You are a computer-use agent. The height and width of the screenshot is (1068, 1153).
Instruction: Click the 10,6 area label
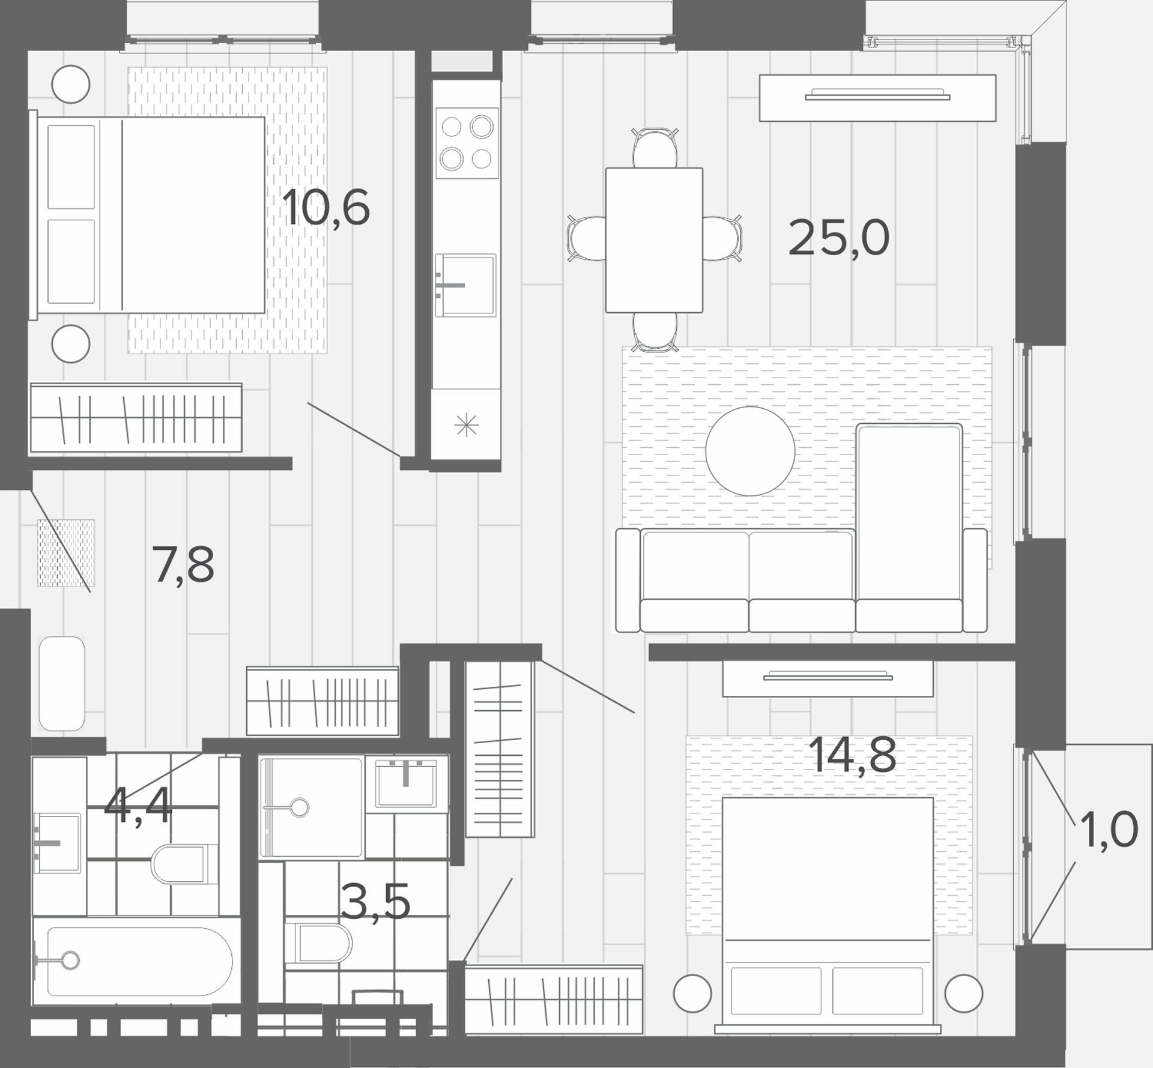[x=325, y=208]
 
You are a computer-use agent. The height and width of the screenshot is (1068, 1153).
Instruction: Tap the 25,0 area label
[x=838, y=238]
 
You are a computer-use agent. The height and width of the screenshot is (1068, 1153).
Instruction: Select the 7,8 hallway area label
[x=184, y=566]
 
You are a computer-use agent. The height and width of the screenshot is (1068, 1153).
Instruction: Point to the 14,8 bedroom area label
[x=853, y=755]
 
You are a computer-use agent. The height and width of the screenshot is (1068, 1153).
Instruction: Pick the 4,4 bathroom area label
[x=138, y=806]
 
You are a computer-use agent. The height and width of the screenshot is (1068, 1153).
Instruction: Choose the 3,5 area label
[x=375, y=901]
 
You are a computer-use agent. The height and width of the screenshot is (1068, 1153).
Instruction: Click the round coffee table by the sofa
[x=750, y=451]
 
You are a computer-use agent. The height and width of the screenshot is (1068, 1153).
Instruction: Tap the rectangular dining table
[x=654, y=240]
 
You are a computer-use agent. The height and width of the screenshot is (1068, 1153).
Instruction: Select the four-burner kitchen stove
[x=467, y=143]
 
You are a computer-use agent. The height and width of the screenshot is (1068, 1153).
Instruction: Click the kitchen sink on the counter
[x=466, y=285]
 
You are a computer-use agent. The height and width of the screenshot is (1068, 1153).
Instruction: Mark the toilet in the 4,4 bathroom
[x=184, y=864]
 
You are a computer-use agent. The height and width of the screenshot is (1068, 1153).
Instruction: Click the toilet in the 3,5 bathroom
[x=318, y=943]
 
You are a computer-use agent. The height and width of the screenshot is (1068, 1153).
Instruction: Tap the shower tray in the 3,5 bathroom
[x=312, y=807]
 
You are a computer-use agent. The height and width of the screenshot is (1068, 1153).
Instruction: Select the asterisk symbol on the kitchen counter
[x=467, y=426]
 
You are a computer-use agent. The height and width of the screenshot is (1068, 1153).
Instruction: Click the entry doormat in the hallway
[x=66, y=553]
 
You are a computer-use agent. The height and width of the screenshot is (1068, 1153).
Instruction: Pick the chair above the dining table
[x=655, y=148]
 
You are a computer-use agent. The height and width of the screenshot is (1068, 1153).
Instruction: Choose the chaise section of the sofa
[x=909, y=528]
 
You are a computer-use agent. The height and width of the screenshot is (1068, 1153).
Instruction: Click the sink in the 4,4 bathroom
[x=57, y=843]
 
